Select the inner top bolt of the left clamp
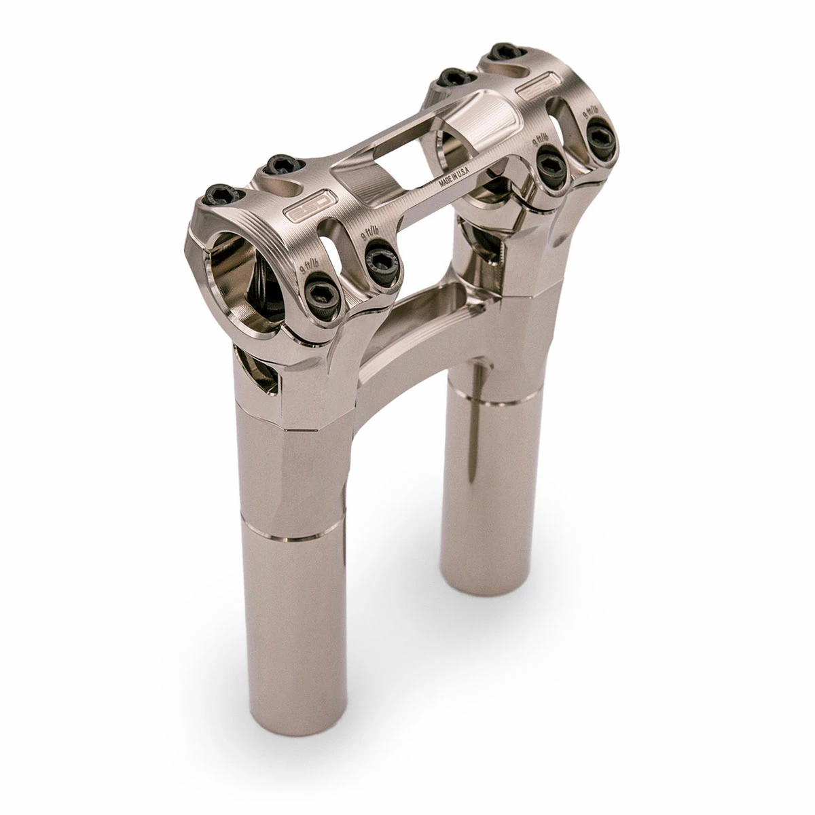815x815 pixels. coord(278,165)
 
